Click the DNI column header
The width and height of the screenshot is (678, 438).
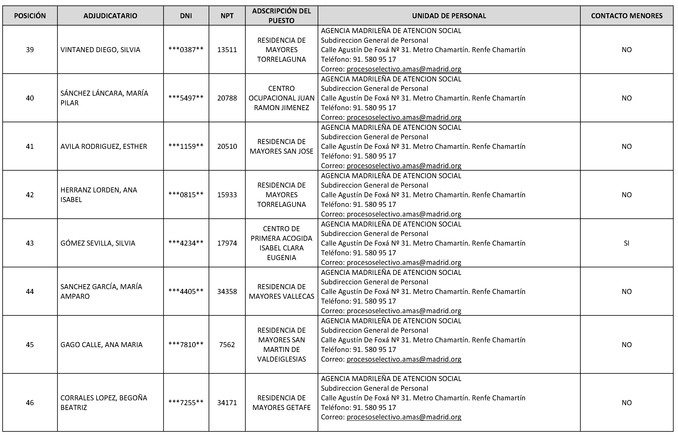pos(186,16)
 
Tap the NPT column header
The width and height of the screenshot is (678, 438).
pos(227,16)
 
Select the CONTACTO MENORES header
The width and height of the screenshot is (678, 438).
pos(627,16)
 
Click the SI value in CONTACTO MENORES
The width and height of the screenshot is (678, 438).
pos(627,243)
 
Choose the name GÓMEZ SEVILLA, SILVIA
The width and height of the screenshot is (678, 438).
pos(98,243)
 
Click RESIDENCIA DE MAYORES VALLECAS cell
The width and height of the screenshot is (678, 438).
pos(281,291)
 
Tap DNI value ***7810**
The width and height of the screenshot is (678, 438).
pos(186,345)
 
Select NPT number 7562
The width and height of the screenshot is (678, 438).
pos(227,345)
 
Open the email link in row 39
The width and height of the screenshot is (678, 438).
pos(404,69)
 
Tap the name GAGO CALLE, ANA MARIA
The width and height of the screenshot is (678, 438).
pos(101,345)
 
